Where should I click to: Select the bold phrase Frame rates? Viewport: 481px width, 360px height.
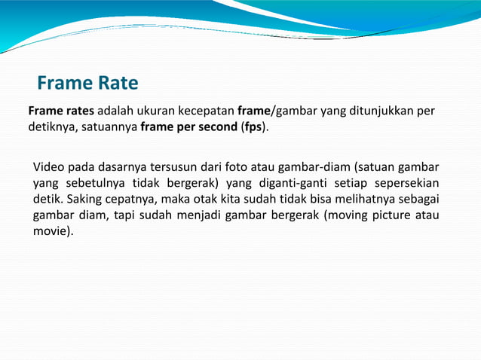coord(61,111)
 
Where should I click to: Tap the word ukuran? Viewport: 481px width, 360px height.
coord(162,111)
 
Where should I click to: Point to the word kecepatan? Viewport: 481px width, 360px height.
coord(208,111)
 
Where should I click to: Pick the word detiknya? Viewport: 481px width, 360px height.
coord(51,127)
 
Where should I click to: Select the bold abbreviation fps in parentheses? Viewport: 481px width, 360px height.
coord(254,127)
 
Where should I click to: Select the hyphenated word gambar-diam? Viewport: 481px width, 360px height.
coord(312,166)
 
